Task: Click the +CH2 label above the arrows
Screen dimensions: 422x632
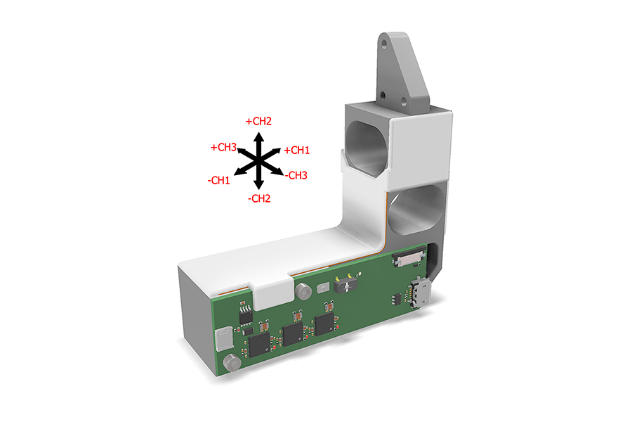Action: click(x=258, y=121)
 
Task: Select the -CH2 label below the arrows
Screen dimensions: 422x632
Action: click(x=258, y=199)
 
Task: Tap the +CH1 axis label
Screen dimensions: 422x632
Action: click(x=296, y=150)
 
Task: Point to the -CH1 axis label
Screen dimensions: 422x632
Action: click(x=218, y=181)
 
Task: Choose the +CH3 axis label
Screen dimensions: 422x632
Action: click(x=223, y=148)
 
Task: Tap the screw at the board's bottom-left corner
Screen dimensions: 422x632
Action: click(x=230, y=363)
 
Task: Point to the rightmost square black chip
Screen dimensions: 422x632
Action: click(x=324, y=324)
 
